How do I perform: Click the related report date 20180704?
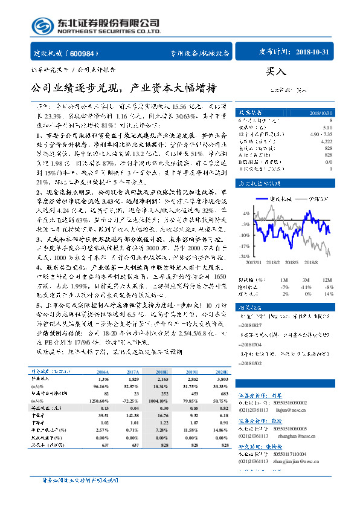pos(251,342)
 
